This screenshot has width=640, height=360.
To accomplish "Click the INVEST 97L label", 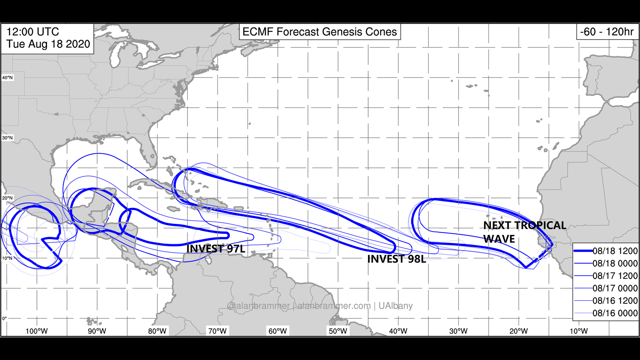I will click(216, 249).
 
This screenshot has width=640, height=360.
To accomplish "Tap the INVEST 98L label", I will click(397, 259).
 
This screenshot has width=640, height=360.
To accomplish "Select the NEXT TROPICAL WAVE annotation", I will click(524, 232).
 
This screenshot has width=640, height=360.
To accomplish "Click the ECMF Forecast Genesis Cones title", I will click(320, 32).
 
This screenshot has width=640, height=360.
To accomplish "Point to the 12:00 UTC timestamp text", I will click(33, 32).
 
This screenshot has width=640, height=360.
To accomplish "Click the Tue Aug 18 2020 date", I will click(48, 44).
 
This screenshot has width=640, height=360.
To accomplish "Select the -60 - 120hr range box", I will click(607, 32).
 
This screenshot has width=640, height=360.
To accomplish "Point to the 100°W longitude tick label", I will click(37, 331).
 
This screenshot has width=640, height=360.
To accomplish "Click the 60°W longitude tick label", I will click(278, 331).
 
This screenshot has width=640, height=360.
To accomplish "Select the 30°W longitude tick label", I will click(458, 331).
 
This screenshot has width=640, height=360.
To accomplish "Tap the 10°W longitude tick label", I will click(579, 331).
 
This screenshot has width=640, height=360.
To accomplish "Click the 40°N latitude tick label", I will click(7, 78).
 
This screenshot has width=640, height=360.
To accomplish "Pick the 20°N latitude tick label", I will click(7, 198).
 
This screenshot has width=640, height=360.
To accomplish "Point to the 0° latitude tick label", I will click(4, 318).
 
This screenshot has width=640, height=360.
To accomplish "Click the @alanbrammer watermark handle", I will click(258, 306).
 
